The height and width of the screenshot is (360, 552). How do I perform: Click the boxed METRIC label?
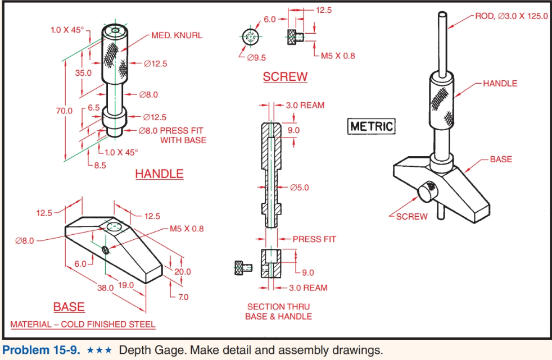point(372,126)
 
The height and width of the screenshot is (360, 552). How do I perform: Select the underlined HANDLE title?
point(159,174)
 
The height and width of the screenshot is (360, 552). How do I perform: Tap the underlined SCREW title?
point(285,77)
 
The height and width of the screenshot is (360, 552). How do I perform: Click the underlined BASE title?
point(69,307)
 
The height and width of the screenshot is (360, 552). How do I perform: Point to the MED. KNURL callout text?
point(177,35)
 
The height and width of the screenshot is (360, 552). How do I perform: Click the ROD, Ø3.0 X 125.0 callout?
point(511,16)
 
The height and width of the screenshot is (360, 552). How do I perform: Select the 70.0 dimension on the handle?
point(64,111)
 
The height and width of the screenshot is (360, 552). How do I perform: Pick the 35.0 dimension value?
point(83,72)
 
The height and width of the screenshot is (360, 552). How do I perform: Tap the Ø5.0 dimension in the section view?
point(300,188)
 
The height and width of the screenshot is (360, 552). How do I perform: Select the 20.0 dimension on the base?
point(183,271)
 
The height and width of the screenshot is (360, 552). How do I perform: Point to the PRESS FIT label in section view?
point(314,239)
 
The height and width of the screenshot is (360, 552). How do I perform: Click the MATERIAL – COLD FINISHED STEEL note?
point(83,325)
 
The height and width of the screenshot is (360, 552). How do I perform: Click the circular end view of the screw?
point(251,38)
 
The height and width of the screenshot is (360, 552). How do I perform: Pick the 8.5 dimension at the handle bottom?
point(100,165)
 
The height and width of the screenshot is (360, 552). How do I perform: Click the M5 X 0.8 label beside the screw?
point(337,56)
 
